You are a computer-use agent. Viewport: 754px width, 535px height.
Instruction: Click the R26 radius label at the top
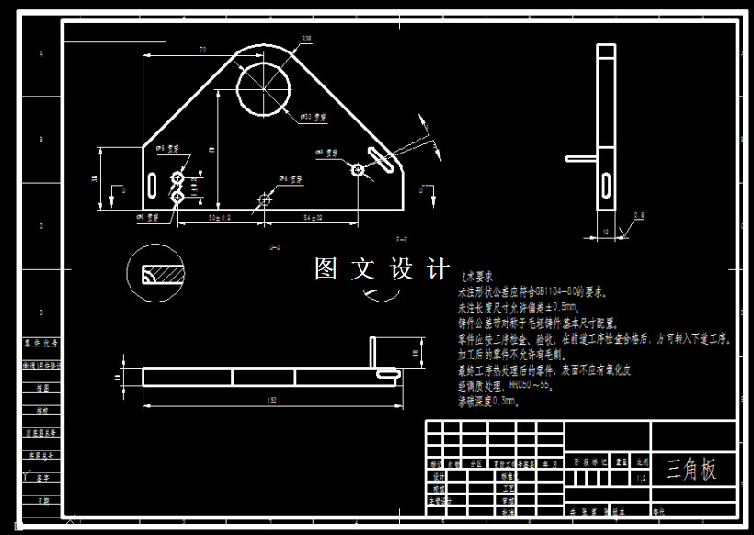307,39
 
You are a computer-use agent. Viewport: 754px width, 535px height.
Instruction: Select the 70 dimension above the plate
201,49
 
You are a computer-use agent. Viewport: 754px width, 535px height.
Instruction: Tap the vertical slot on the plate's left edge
150,180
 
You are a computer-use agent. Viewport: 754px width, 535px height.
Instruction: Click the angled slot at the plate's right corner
380,156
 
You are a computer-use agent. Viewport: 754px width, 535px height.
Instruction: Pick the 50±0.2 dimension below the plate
220,218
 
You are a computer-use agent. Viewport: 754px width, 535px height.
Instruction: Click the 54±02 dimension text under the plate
312,218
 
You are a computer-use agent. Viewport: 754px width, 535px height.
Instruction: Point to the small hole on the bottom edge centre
266,199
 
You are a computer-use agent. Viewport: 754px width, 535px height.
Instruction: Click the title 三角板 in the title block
691,469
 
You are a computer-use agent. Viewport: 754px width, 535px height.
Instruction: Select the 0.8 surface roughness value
638,215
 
